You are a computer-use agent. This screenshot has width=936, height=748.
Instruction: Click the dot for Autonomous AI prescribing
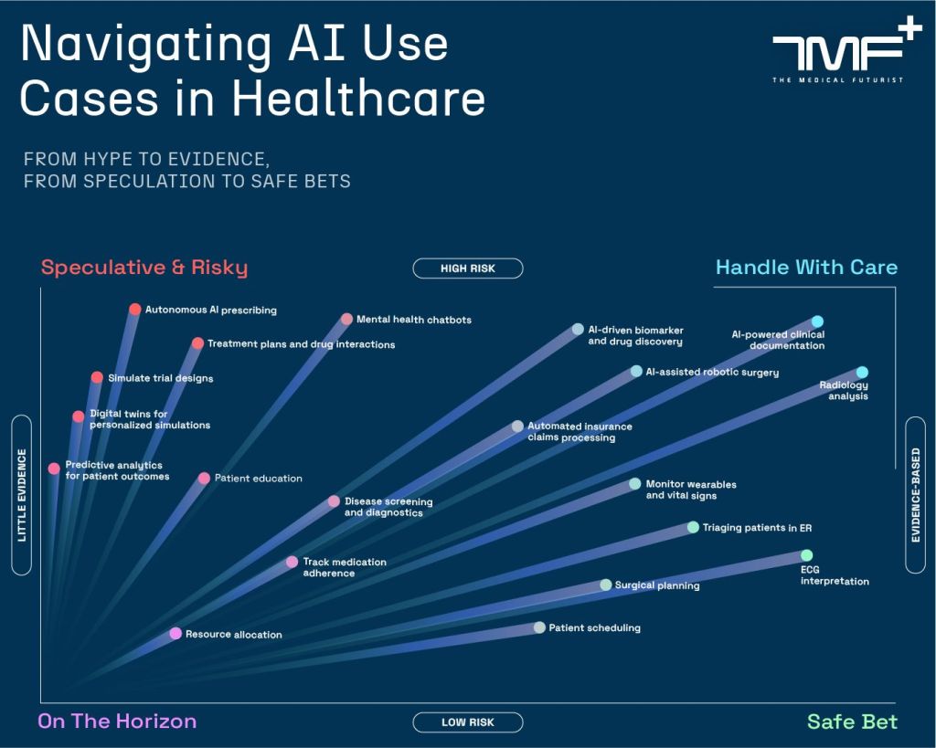pyautogui.click(x=135, y=310)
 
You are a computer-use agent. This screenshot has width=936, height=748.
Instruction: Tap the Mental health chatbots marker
pyautogui.click(x=346, y=319)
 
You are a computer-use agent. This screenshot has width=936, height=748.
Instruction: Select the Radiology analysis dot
pyautogui.click(x=862, y=372)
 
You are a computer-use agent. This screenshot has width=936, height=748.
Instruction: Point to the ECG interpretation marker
pyautogui.click(x=806, y=555)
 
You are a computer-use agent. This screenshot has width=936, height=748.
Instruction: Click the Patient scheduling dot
pyautogui.click(x=539, y=627)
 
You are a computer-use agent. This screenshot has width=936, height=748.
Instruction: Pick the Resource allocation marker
pyautogui.click(x=175, y=633)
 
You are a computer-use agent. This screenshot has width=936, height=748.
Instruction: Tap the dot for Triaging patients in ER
pyautogui.click(x=693, y=527)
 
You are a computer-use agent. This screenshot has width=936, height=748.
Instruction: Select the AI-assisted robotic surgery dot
pyautogui.click(x=636, y=372)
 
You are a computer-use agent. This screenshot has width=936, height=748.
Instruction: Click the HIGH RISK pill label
pyautogui.click(x=468, y=269)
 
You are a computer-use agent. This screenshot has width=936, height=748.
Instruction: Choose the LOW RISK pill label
pyautogui.click(x=468, y=722)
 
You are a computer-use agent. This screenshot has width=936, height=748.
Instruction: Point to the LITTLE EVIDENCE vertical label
pyautogui.click(x=22, y=495)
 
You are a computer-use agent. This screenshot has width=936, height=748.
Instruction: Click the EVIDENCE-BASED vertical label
pyautogui.click(x=916, y=495)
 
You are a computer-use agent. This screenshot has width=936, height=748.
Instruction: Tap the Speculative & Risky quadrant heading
pyautogui.click(x=144, y=268)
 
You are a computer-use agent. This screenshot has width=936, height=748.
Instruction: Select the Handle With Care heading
pyautogui.click(x=806, y=268)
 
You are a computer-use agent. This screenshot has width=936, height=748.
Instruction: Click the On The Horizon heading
pyautogui.click(x=117, y=722)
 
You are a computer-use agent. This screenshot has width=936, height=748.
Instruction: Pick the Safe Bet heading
pyautogui.click(x=852, y=722)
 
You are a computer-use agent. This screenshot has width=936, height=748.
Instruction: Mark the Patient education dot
pyautogui.click(x=205, y=478)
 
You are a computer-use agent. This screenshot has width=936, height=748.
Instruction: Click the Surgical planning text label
pyautogui.click(x=657, y=585)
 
